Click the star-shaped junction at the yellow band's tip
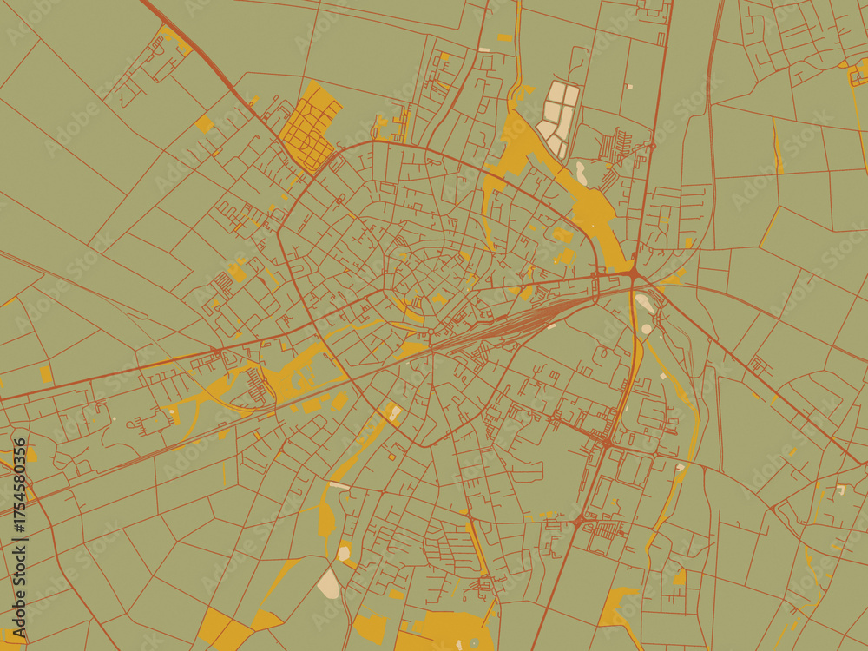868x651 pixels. pyautogui.click(x=634, y=274)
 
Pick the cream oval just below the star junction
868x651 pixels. pyautogui.click(x=645, y=303)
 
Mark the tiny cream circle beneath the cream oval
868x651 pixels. pyautogui.click(x=646, y=329)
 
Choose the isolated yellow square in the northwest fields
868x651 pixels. pyautogui.click(x=204, y=123)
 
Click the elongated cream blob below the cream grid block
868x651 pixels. pyautogui.click(x=580, y=173)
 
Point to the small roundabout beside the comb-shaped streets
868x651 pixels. pyautogui.click(x=577, y=522)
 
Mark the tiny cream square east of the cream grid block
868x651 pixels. pyautogui.click(x=630, y=86)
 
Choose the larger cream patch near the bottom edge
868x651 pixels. pyautogui.click(x=329, y=583)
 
